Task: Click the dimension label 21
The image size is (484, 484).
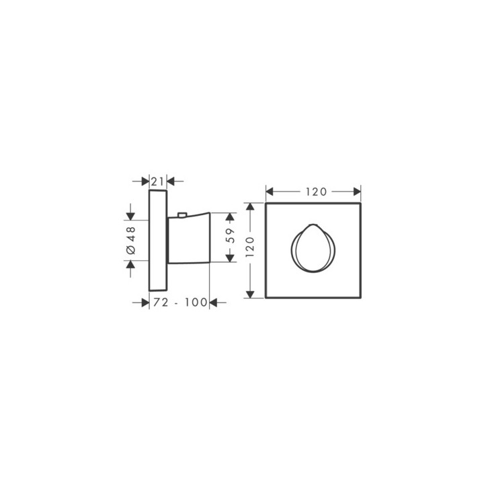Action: pos(157,181)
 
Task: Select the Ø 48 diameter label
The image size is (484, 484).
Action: pos(130,240)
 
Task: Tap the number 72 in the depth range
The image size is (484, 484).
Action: pos(160,303)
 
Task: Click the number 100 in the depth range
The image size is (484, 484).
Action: pos(196,303)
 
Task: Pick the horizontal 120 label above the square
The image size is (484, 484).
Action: pos(314,192)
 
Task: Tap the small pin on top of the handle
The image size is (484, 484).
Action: pos(181,216)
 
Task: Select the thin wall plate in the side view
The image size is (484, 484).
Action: pos(157,241)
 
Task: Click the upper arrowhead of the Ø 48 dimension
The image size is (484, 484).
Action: pos(130,216)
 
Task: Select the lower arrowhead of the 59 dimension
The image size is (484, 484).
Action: pos(230,258)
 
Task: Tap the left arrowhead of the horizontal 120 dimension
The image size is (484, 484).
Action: pos(270,192)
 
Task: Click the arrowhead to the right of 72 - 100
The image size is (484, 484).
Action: pos(214,303)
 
